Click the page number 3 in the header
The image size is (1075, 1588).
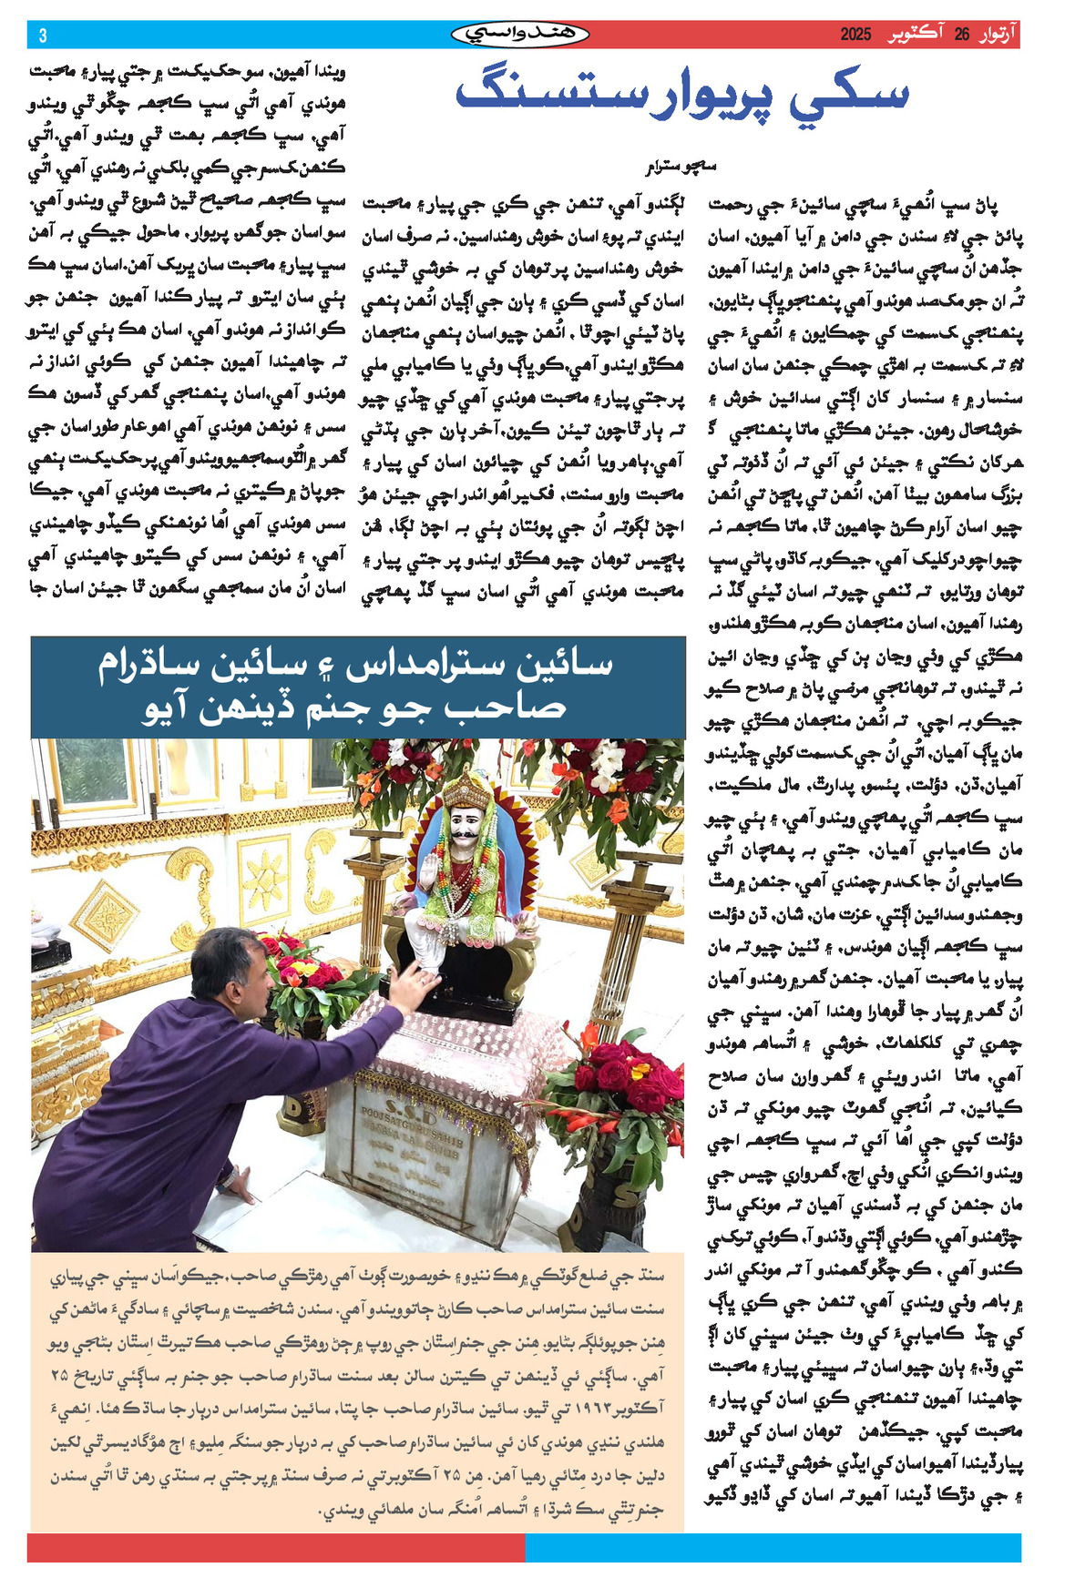43,36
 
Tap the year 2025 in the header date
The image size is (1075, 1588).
855,35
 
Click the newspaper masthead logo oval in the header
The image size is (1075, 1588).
520,35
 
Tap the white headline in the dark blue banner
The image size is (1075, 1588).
357,686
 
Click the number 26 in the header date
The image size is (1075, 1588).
962,35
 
